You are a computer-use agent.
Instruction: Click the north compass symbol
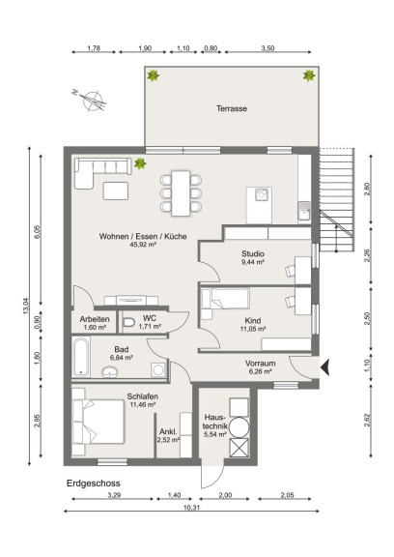click(92, 100)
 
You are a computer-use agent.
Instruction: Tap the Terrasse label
click(232, 108)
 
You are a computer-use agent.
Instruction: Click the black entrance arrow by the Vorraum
click(325, 367)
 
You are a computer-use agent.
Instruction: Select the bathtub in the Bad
click(81, 357)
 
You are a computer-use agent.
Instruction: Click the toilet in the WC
click(128, 322)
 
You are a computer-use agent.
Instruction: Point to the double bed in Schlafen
click(98, 422)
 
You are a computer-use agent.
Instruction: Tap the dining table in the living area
click(181, 193)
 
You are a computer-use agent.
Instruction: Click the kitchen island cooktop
click(262, 194)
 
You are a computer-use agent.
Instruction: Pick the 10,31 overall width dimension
click(191, 508)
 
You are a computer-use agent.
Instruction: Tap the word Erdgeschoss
click(94, 484)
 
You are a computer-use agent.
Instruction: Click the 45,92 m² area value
click(143, 245)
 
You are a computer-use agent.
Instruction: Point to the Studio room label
click(253, 253)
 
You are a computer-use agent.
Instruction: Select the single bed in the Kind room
click(225, 299)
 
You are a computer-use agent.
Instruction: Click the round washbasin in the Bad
click(110, 372)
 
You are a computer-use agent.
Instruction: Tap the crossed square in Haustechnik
click(239, 447)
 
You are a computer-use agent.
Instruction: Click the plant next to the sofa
click(140, 163)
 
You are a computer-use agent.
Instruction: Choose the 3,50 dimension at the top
click(267, 48)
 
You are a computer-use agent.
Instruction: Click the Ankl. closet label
click(168, 432)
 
